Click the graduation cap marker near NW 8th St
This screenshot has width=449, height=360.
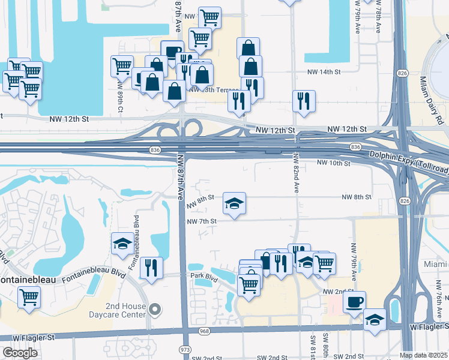pos(235,203)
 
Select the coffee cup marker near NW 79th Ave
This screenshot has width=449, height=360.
pos(354,301)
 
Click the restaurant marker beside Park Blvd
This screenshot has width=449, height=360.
pos(151,268)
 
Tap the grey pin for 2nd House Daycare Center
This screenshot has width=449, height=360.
pos(155,310)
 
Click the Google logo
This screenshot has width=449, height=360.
pos(20,353)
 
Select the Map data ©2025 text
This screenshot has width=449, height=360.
pos(424,355)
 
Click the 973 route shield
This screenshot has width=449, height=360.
pos(185,349)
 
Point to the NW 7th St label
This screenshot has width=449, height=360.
pos(201,221)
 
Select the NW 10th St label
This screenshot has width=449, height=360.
pos(333,163)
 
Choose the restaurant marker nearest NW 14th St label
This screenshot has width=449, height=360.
pos(304,100)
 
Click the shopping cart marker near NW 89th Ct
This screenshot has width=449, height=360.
pos(122,65)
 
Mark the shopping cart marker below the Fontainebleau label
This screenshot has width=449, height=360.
pos(29,297)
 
